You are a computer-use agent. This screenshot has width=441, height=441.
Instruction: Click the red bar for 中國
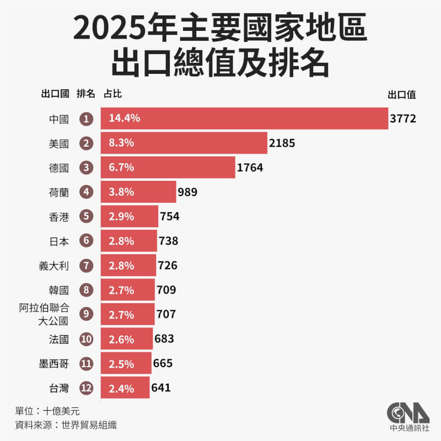(x=244, y=118)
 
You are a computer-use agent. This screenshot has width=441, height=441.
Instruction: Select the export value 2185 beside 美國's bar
(x=282, y=143)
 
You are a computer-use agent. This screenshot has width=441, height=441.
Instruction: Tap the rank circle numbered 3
(x=85, y=167)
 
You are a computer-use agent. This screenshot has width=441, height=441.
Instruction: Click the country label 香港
(x=59, y=216)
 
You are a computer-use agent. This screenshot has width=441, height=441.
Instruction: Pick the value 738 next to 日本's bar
(x=168, y=241)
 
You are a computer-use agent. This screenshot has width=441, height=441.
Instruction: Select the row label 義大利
(x=55, y=265)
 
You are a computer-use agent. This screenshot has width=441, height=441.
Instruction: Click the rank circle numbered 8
(x=85, y=289)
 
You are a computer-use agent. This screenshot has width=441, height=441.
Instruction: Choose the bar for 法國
(x=127, y=338)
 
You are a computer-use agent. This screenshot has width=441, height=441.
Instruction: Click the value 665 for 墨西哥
(x=163, y=363)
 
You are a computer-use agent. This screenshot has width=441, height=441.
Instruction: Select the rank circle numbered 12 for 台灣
(x=85, y=388)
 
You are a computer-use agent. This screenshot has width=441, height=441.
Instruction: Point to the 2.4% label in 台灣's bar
(x=121, y=388)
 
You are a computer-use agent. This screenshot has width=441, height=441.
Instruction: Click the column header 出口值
(x=402, y=94)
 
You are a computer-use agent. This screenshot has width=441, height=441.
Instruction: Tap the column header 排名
(x=85, y=94)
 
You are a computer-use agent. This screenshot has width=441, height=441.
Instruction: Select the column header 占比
(x=112, y=94)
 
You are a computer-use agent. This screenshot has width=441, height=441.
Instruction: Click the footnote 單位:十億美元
(x=49, y=411)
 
